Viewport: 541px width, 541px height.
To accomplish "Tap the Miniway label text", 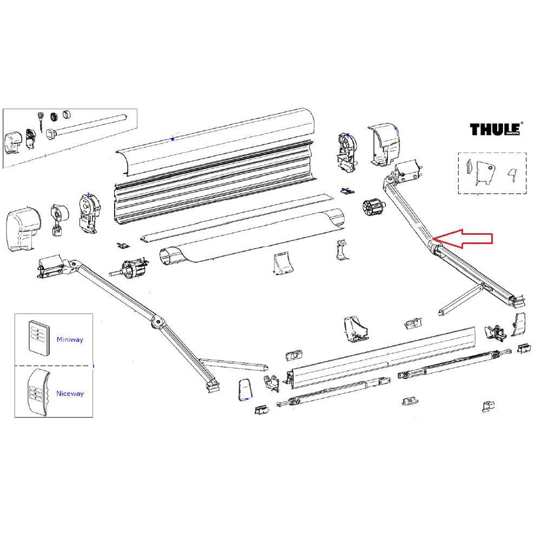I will [x=70, y=340].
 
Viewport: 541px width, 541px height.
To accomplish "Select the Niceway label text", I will [x=70, y=394].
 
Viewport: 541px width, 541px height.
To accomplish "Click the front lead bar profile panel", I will [x=384, y=357].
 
